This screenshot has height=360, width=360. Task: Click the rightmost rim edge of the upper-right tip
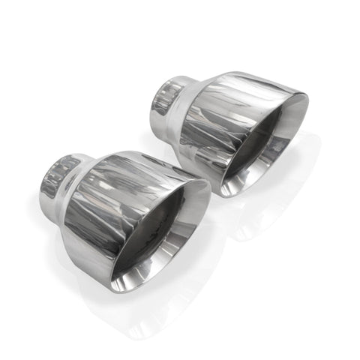click(x=307, y=105)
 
